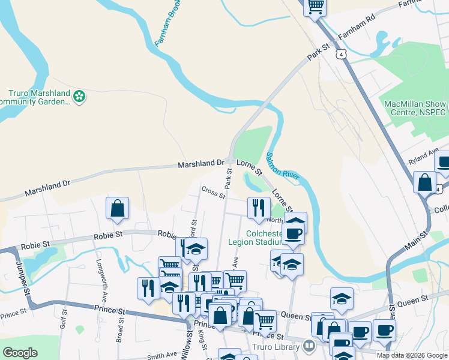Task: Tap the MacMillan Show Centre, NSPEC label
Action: (415, 108)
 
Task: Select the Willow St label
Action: (187, 343)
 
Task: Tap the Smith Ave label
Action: (162, 356)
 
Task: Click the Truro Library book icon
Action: (309, 346)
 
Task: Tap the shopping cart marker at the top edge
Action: (316, 7)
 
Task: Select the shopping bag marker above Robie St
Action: (118, 208)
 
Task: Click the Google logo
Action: (20, 353)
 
